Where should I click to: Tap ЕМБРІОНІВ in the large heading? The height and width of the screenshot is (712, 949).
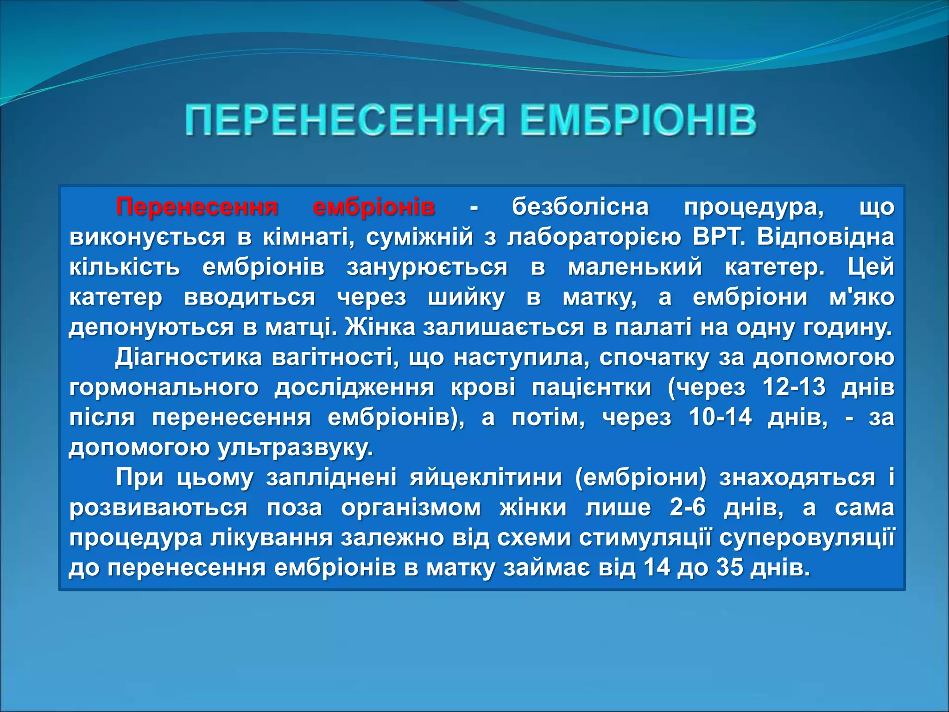point(638,121)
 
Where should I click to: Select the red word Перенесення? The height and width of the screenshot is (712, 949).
point(197,207)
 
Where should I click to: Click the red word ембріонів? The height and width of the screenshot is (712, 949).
point(374,207)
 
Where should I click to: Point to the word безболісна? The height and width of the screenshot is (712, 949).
point(580,207)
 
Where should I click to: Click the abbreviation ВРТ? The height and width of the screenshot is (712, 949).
point(718,237)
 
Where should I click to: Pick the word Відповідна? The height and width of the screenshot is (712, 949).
point(825,237)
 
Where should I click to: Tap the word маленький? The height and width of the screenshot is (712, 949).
point(635,267)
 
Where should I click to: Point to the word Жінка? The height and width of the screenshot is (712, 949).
point(380,327)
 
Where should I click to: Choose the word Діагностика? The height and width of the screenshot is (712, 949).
point(188,357)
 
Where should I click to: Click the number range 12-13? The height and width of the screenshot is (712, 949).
point(794,387)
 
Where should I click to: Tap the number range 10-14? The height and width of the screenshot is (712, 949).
point(720,417)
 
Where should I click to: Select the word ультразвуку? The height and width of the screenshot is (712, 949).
point(295,448)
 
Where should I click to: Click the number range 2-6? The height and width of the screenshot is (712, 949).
point(688,508)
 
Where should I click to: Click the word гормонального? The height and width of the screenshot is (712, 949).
point(164,387)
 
